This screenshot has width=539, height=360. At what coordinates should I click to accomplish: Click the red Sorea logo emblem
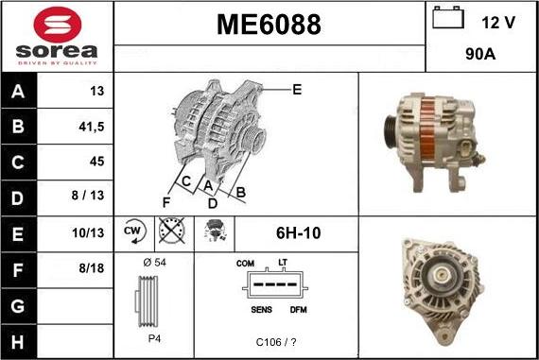(x=58, y=25)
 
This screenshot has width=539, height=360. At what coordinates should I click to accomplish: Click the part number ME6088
(x=269, y=25)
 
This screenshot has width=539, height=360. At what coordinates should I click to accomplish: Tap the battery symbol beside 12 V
(x=448, y=18)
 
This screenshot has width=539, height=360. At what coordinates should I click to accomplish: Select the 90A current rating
(x=480, y=54)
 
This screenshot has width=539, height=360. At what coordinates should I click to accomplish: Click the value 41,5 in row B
(x=92, y=127)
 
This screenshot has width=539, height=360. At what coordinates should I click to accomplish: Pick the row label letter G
(x=18, y=306)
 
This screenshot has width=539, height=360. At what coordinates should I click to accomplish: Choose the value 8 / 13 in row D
(x=88, y=195)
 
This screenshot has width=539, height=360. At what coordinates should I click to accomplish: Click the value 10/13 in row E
(x=88, y=232)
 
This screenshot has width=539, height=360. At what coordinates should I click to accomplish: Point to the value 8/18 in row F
(x=92, y=268)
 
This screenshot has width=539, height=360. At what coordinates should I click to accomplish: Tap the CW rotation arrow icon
(x=134, y=231)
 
